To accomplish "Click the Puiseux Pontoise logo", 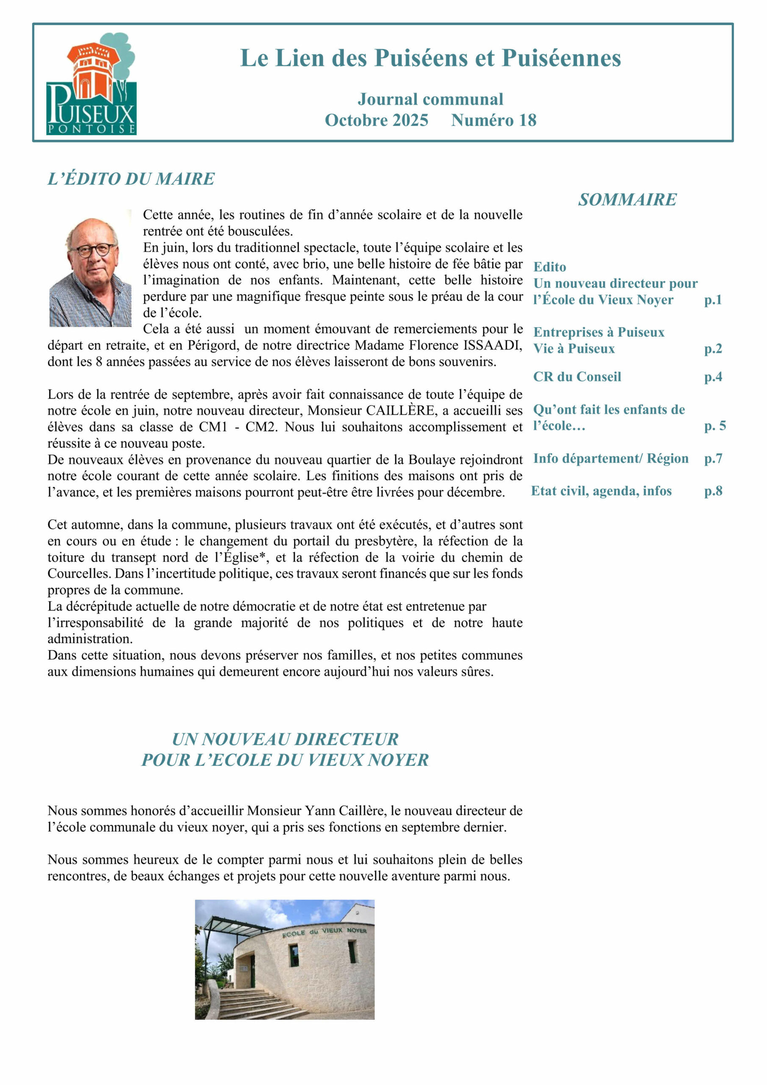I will [x=91, y=83].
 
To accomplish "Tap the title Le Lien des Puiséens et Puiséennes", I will [x=430, y=58].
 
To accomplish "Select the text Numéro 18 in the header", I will [x=493, y=120].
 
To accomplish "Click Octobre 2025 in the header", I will [x=377, y=120].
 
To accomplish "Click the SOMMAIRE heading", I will [x=627, y=200].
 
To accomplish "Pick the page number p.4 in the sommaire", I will [x=713, y=377].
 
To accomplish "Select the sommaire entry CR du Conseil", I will [x=577, y=377].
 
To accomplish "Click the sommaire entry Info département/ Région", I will [x=611, y=459].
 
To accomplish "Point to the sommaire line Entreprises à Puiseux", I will [x=598, y=332].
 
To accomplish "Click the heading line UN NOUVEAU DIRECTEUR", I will [x=285, y=739].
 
